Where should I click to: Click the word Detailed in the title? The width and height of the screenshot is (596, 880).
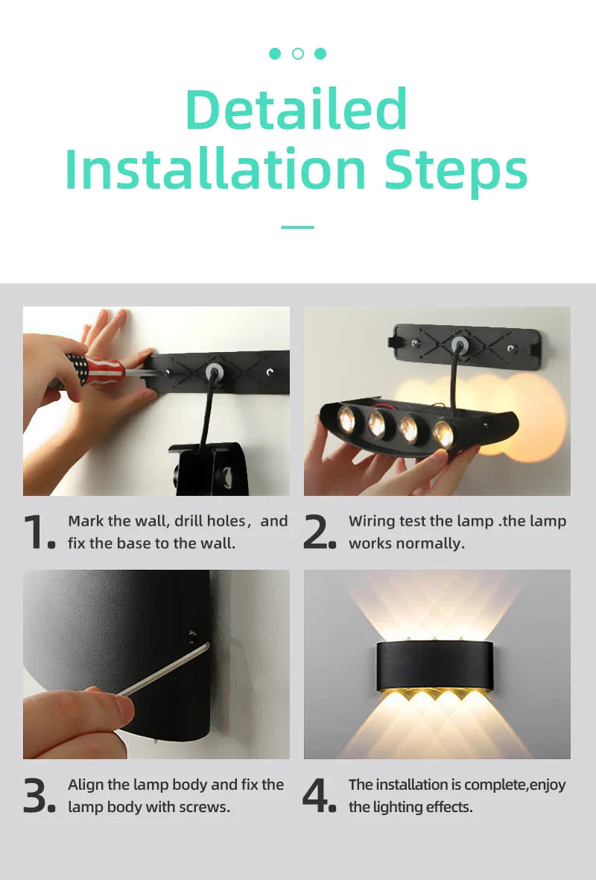coord(297,110)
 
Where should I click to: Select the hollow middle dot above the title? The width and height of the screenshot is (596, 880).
coord(298,54)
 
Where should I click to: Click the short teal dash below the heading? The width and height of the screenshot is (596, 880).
coord(298,227)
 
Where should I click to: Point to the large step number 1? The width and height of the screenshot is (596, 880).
coord(36,532)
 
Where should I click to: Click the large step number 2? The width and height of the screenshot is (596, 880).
coord(317,532)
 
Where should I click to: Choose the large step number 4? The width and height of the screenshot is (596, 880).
coord(317,796)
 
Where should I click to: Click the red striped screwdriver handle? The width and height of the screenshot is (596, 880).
coord(95,368)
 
